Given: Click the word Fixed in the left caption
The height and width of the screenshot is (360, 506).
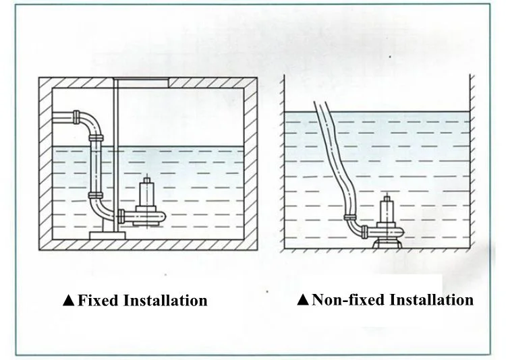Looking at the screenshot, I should pos(99,300).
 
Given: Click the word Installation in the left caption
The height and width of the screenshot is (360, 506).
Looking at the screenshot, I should pos(165,300).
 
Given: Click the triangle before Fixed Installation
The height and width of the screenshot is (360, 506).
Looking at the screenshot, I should pos(68,301).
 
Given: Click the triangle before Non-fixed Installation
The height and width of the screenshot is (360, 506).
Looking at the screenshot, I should pos(302,299).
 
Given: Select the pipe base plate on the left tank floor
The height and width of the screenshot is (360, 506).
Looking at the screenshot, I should pos(104,234).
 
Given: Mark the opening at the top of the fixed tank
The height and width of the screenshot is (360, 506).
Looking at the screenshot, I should pos(142,82).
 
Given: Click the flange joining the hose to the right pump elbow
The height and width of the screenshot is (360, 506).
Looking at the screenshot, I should pos(352,218).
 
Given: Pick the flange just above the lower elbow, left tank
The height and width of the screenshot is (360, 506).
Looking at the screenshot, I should pos(95,196).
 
